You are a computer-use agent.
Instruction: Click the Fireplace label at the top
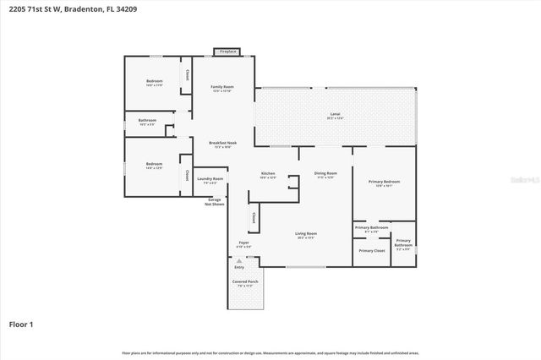click(227, 52)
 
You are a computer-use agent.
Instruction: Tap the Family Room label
click(222, 87)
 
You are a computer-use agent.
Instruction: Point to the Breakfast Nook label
click(222, 143)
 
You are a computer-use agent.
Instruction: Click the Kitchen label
click(267, 173)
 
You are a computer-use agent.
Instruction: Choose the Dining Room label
click(325, 173)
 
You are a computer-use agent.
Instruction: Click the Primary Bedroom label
click(384, 182)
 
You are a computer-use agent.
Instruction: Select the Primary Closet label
click(371, 251)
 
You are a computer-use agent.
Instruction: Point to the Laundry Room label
click(210, 179)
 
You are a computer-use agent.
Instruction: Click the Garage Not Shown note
click(214, 202)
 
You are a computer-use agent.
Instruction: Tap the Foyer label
click(243, 243)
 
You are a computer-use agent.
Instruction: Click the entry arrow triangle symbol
click(239, 261)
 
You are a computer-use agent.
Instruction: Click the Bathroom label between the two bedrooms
click(147, 121)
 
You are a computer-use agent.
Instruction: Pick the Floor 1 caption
click(21, 324)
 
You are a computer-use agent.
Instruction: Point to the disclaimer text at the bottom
click(270, 353)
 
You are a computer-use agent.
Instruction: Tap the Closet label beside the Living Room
click(254, 218)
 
